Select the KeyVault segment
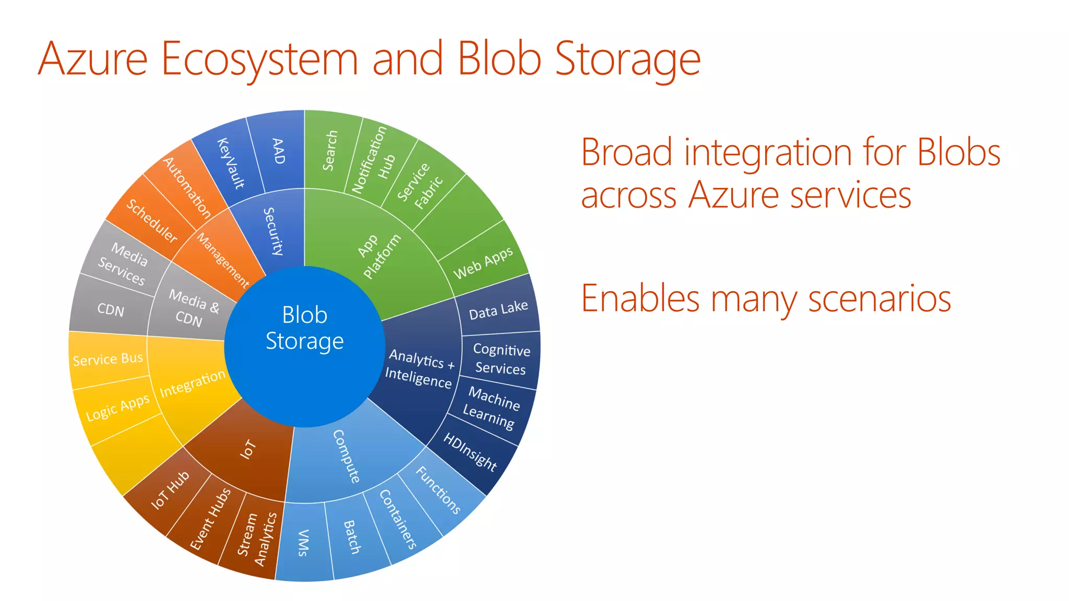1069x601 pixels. (x=230, y=163)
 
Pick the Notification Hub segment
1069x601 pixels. (x=374, y=160)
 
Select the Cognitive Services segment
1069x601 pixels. (x=501, y=359)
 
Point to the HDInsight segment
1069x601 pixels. (x=470, y=452)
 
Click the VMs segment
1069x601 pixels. (x=303, y=543)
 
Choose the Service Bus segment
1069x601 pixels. (x=108, y=359)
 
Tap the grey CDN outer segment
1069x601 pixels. (x=111, y=310)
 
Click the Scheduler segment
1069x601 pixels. (x=151, y=221)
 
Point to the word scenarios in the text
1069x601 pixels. (x=879, y=299)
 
